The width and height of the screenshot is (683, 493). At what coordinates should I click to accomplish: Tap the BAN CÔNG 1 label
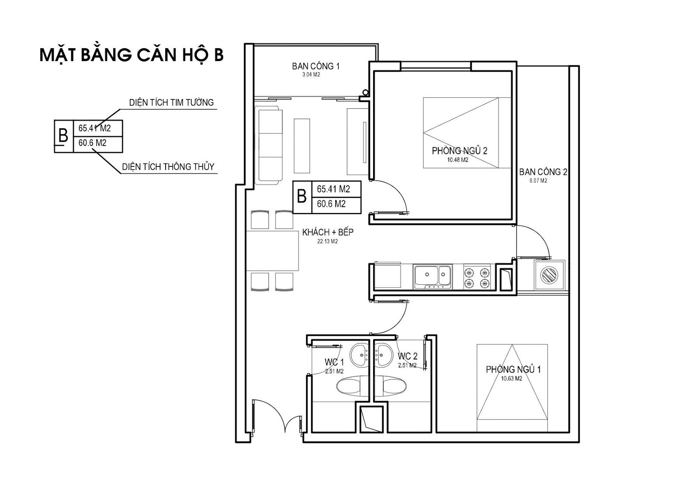click(x=315, y=66)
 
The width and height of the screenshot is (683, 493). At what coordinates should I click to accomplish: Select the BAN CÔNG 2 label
click(x=543, y=172)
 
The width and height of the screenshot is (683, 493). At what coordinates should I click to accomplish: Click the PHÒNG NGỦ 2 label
click(x=459, y=150)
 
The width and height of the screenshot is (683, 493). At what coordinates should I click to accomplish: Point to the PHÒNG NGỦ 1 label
click(x=513, y=369)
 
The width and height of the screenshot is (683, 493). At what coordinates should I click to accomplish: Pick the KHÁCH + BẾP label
click(x=328, y=232)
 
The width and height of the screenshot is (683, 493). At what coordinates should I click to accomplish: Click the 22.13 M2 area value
click(x=327, y=242)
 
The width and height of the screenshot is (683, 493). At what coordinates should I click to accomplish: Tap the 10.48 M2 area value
click(x=458, y=160)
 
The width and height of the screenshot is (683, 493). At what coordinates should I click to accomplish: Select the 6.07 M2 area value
click(x=538, y=181)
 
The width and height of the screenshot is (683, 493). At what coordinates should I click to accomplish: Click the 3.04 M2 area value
click(x=311, y=75)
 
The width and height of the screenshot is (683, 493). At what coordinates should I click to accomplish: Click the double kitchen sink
click(x=433, y=277)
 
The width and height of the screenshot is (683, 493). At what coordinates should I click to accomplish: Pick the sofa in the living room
click(x=268, y=145)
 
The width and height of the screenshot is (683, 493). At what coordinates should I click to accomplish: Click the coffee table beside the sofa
click(x=301, y=146)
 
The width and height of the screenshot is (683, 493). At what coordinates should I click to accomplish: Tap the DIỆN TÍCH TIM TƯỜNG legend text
click(x=171, y=102)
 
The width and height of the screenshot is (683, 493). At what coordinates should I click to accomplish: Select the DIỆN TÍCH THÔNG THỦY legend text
click(x=168, y=167)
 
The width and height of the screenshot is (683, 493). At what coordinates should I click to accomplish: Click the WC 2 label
click(x=407, y=356)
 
